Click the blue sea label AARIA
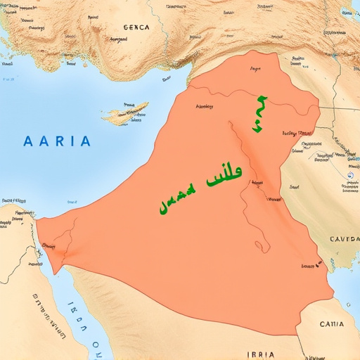(57, 141)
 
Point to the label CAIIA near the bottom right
(332, 305)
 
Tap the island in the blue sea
(127, 111)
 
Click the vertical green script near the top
(259, 114)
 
